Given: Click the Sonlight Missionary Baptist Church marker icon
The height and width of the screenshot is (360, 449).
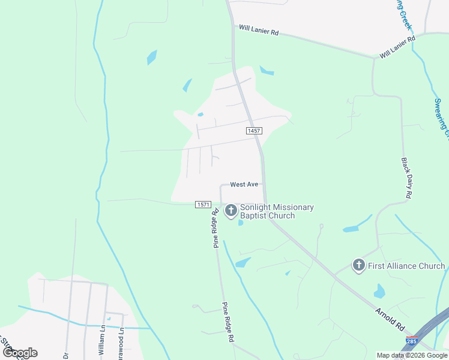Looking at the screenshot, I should coord(231,211).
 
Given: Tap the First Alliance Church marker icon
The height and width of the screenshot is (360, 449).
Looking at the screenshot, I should coord(359,265).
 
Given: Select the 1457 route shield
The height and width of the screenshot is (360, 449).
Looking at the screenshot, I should coord(253,131).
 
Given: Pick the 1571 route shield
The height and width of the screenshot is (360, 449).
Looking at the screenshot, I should coord(202,205).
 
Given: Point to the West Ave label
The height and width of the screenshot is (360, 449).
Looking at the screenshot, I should coord(244,185).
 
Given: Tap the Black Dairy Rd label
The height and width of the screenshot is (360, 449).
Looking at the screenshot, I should coord(406,178).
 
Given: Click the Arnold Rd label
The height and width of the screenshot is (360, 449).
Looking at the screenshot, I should coord(390,319).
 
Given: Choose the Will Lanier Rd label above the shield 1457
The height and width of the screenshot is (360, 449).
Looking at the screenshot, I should coord(259,29).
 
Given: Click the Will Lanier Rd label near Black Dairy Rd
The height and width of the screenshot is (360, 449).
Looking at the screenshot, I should coord(397,47).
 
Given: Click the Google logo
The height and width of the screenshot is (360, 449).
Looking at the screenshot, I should coord(19,353).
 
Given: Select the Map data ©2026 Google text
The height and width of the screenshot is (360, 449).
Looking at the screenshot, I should coord(412,355).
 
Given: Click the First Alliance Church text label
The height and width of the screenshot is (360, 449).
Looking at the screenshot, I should coord(406,266).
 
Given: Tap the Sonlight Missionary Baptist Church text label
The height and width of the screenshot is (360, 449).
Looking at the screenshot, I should coord(277,211).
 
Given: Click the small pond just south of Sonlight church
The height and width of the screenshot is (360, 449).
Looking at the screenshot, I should coord(241,223).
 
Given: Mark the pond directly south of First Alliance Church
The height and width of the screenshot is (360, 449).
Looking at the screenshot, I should coord(379,292).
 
